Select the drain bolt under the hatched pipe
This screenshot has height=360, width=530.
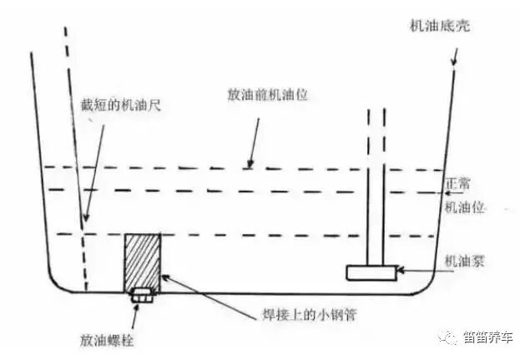[x=141, y=293]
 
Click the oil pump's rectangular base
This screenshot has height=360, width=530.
[x=371, y=271]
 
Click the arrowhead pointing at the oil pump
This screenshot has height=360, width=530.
[x=402, y=271]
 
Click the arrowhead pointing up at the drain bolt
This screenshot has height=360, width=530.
[x=139, y=304]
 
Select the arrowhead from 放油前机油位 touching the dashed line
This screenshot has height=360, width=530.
[x=250, y=164]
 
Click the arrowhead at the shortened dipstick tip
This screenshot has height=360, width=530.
[x=83, y=221]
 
